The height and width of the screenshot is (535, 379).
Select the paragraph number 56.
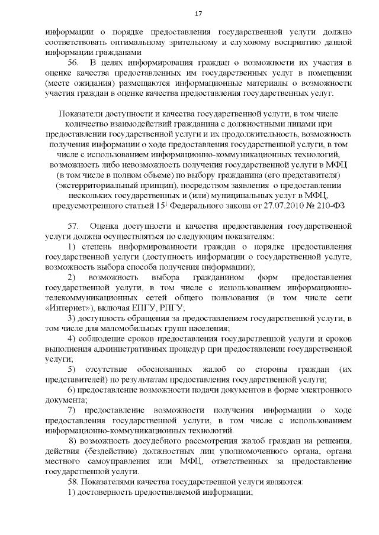tap(73, 63)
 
